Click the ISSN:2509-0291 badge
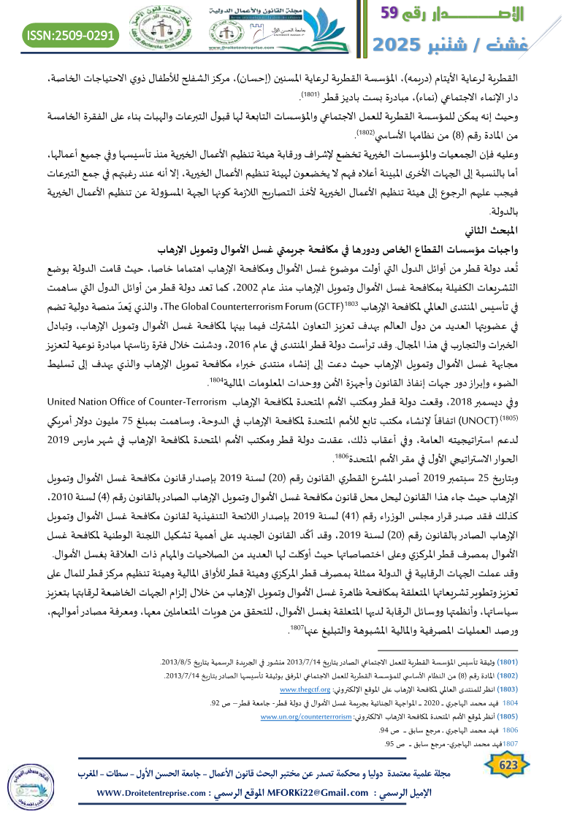pos(72,34)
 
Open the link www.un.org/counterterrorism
pos(307,717)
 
